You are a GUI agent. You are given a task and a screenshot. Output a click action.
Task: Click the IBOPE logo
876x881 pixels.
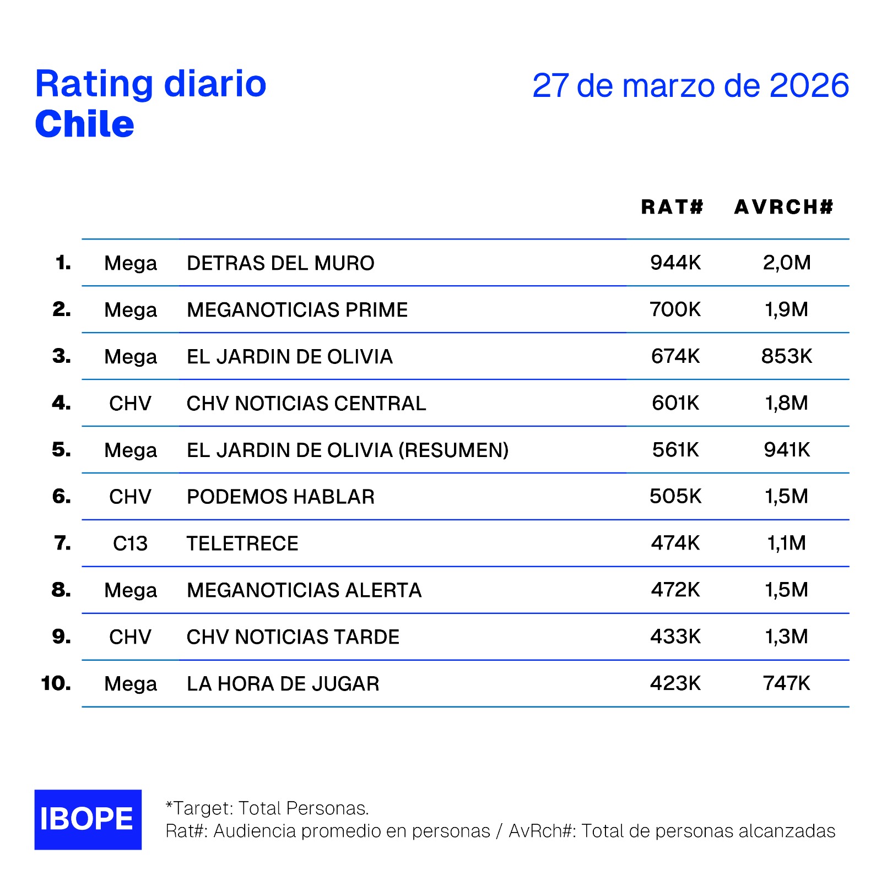[x=88, y=819]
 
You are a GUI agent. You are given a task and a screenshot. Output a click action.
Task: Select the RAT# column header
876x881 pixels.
[x=672, y=207]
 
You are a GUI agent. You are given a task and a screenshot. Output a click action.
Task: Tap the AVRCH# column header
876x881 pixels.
[x=783, y=207]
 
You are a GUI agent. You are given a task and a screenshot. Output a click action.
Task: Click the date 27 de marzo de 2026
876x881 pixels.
[x=690, y=85]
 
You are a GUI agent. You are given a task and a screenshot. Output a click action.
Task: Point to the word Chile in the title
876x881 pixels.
[x=84, y=124]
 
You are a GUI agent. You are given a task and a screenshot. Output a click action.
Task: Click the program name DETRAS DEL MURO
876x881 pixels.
[x=280, y=263]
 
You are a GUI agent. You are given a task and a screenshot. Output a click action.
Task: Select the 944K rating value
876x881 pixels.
[x=675, y=263]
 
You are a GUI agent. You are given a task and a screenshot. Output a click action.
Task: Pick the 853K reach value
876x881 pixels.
[x=786, y=356]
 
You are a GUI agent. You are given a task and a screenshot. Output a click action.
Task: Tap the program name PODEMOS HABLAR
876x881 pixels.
[x=280, y=497]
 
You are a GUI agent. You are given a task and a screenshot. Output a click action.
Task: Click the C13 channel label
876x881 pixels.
[x=130, y=543]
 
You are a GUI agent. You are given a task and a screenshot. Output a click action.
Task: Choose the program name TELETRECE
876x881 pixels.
[x=242, y=543]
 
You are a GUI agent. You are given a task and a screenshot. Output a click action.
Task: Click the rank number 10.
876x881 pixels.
[x=56, y=683]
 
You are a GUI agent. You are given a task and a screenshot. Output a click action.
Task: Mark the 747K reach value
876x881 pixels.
[x=786, y=683]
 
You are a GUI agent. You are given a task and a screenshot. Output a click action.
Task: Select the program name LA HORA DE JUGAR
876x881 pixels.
[x=283, y=684]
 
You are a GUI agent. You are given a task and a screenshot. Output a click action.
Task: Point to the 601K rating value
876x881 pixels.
[x=675, y=403]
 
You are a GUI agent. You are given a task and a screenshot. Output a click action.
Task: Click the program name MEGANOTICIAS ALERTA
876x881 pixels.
[x=304, y=590]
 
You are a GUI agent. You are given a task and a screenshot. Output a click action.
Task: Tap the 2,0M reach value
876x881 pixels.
[x=786, y=263]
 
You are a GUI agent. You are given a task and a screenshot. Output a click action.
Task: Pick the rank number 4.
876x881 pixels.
[x=61, y=403]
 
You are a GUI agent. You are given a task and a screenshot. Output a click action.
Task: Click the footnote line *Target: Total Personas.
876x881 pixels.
[x=267, y=808]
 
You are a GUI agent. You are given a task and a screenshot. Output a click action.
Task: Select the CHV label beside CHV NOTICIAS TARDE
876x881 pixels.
[x=130, y=637]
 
